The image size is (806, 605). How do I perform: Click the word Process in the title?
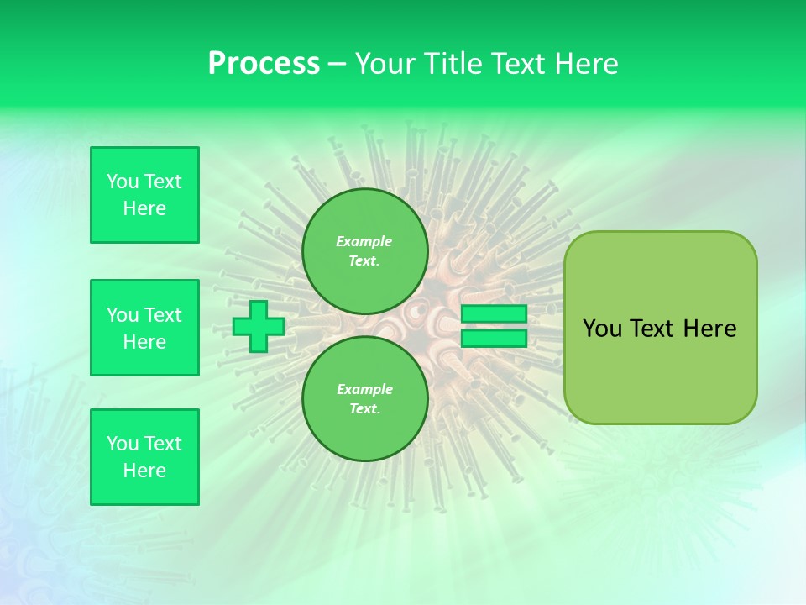tap(264, 64)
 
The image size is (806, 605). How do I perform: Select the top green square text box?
tap(144, 195)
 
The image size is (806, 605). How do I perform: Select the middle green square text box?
tap(144, 328)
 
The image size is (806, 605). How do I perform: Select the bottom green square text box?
tap(144, 457)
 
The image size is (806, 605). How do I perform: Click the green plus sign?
tap(258, 327)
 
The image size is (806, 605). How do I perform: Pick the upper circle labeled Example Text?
tap(364, 250)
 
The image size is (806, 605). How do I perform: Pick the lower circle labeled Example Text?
tap(364, 398)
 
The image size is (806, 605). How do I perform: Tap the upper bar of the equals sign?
tap(494, 313)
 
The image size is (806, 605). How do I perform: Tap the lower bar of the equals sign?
tap(494, 339)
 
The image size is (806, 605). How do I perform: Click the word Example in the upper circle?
tap(364, 241)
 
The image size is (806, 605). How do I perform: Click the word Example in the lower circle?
tap(364, 389)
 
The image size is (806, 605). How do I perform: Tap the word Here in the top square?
tap(144, 208)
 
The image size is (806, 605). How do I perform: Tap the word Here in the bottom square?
tap(144, 471)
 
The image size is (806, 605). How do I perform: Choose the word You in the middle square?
tap(123, 315)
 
